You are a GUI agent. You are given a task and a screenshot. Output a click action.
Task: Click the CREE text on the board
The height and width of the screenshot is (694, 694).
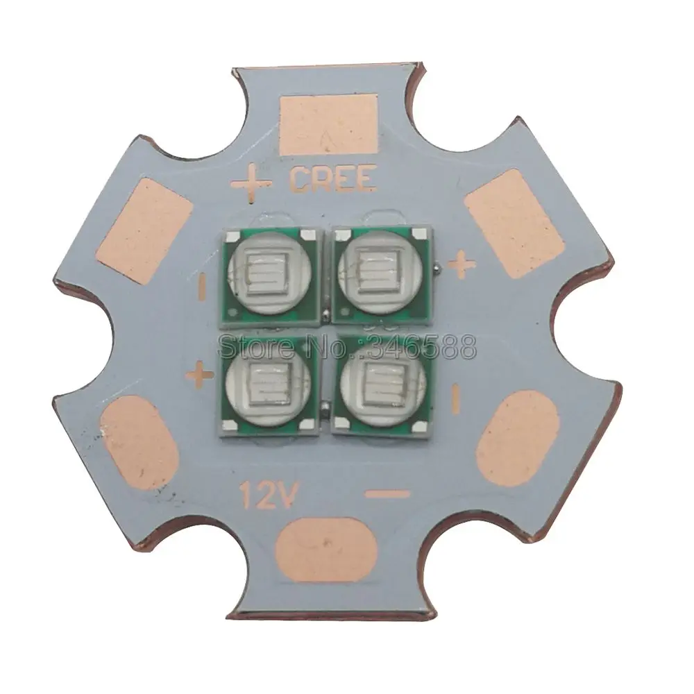click(x=333, y=178)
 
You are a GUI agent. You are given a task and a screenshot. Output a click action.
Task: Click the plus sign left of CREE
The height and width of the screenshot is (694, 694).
click(x=251, y=183)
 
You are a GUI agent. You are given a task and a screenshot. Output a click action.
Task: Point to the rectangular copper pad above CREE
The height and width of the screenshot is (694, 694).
click(x=329, y=124)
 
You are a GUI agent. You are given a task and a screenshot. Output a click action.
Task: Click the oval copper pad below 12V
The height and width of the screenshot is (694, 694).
click(x=327, y=550)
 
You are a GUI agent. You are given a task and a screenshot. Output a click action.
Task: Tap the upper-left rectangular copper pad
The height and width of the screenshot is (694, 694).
click(x=145, y=230)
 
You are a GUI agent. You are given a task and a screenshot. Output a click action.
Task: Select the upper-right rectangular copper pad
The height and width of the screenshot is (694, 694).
click(x=514, y=224)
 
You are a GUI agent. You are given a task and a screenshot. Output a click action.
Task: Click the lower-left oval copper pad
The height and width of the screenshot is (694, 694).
click(x=140, y=443)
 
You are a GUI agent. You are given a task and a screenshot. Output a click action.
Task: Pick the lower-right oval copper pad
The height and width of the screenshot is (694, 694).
click(x=518, y=438)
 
